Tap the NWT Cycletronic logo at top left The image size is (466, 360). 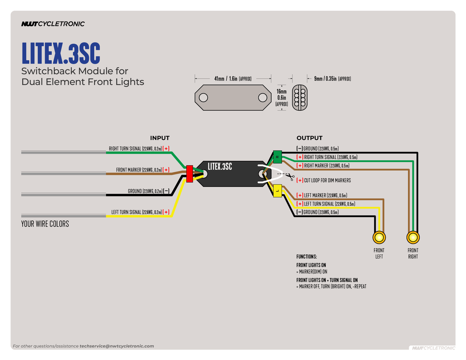(53, 24)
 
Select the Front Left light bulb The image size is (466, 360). (379, 237)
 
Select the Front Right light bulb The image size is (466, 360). (413, 237)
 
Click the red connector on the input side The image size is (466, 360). (190, 174)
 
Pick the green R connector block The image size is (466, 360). (277, 157)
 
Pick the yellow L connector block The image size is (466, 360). (277, 191)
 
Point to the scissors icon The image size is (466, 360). (291, 176)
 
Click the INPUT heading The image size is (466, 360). (160, 138)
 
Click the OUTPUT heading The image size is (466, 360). (309, 138)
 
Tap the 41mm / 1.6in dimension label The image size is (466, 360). (233, 79)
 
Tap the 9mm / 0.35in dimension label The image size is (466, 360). (332, 79)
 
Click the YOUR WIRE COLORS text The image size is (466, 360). (45, 224)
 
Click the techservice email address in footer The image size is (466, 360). (117, 346)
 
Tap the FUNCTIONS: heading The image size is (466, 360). (307, 257)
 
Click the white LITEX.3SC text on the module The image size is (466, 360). (220, 166)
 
